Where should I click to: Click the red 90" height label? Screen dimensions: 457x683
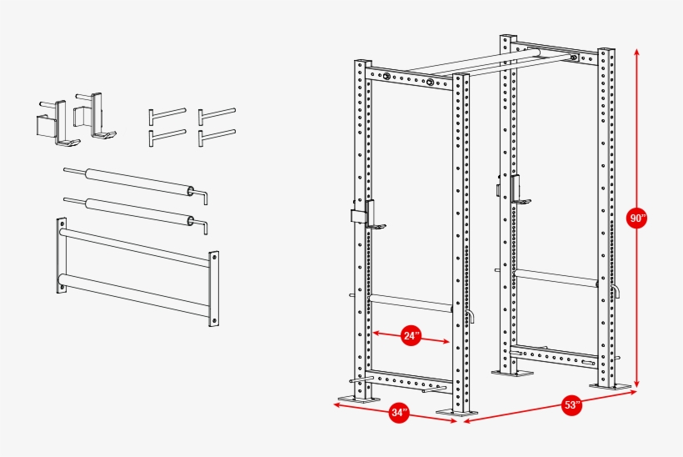pos(636,219)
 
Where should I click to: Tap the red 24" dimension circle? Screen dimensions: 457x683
pos(411,336)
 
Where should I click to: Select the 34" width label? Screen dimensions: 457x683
pos(399,413)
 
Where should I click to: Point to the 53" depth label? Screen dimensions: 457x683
pos(571,406)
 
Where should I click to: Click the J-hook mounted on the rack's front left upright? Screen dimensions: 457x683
pos(364,215)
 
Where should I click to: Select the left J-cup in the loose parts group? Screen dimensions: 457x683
pos(51,122)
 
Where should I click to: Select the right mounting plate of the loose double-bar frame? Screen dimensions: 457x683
pos(213,287)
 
